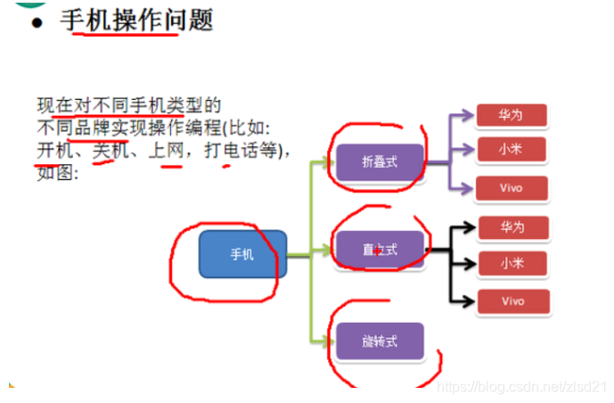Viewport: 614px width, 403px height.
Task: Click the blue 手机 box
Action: tap(242, 254)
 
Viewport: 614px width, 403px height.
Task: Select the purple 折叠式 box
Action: tap(380, 162)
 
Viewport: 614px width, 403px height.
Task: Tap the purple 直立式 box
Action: tap(380, 250)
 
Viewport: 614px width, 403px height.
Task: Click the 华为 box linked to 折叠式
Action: tap(511, 115)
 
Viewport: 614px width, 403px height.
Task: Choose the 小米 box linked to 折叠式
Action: tap(511, 151)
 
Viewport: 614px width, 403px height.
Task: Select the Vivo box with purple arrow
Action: tap(511, 187)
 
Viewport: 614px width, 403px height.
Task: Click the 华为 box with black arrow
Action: tap(512, 227)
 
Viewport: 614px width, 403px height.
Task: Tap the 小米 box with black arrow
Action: tap(512, 264)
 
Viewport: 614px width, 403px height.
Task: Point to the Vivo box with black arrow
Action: tap(512, 301)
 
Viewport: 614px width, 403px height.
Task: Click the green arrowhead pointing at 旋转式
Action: tap(329, 340)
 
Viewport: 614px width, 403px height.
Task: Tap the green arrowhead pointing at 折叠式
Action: tap(329, 162)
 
